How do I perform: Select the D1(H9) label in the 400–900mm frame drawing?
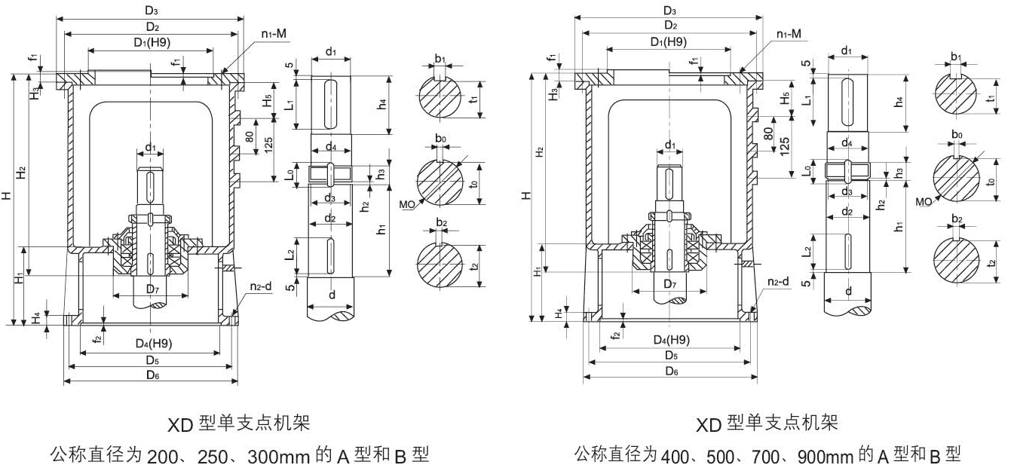click(669, 42)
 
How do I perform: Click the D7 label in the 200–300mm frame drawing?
click(152, 289)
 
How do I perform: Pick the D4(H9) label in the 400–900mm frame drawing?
click(671, 340)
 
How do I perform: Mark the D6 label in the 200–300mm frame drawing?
click(152, 375)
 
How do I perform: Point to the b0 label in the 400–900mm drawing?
click(957, 135)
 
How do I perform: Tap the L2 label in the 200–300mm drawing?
click(290, 256)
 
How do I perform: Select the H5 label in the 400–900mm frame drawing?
click(786, 98)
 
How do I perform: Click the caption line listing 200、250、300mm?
click(240, 455)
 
